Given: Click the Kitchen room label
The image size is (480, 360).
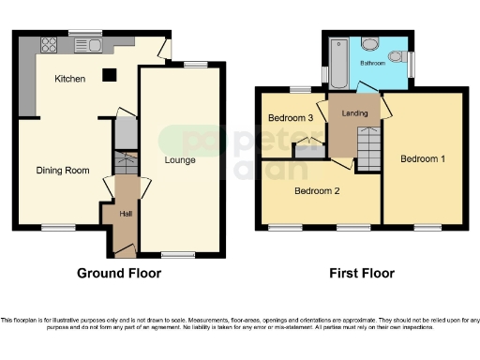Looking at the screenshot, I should coord(70,79).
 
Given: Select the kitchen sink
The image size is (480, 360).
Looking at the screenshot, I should coord(97,43).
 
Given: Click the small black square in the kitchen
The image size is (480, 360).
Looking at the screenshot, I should coord(109,75).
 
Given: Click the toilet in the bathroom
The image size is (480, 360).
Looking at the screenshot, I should coord(370,44).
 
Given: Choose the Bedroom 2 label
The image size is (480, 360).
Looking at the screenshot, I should coord(316,190).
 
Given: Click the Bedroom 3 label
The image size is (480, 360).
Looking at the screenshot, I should coord(290,118).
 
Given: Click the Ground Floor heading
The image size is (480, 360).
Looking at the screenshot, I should coord(118,274).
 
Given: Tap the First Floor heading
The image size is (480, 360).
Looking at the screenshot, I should coord(361,274).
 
